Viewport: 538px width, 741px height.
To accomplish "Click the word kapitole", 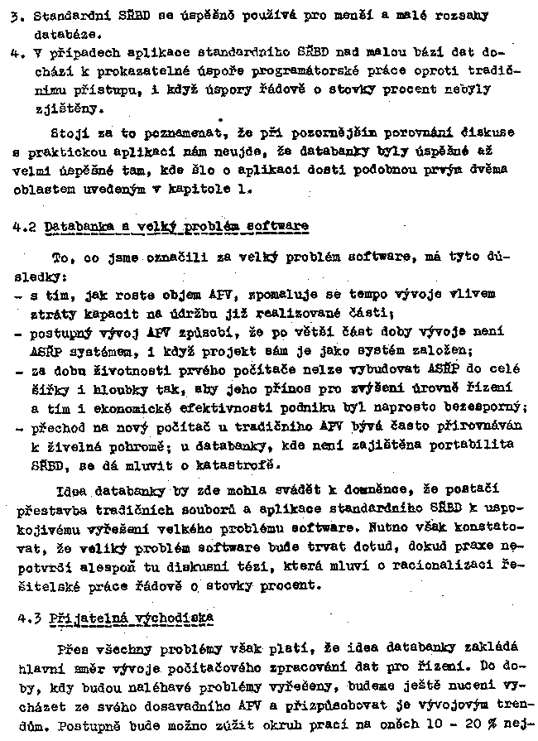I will pyautogui.click(x=213, y=189).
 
